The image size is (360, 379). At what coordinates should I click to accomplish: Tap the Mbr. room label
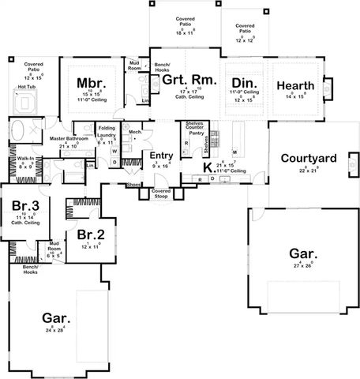point(87,82)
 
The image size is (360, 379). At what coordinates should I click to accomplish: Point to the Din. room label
point(241,84)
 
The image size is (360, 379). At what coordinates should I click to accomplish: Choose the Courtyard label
point(309,158)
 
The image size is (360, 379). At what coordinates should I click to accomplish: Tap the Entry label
point(161,157)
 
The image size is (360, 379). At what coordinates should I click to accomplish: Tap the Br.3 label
point(21,206)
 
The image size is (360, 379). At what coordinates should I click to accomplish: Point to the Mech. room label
point(135,133)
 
